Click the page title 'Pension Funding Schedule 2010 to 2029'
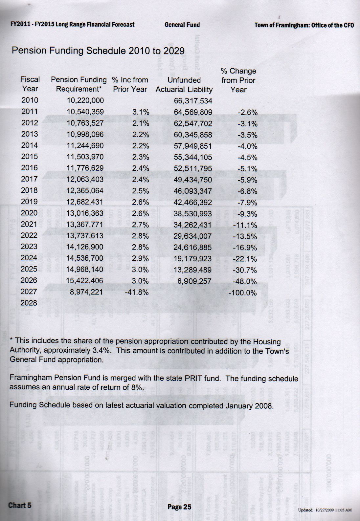click(98, 51)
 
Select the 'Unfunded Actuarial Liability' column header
click(184, 85)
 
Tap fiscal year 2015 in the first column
click(30, 157)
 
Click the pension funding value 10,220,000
click(85, 100)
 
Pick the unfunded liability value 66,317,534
click(193, 101)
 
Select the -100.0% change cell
click(242, 293)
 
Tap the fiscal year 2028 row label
click(29, 303)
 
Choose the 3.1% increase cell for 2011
click(141, 112)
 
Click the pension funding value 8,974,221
click(86, 292)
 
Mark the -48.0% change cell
click(244, 281)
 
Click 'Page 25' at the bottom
click(179, 507)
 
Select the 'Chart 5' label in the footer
click(20, 505)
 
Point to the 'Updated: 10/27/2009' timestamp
click(325, 510)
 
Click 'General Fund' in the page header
click(182, 25)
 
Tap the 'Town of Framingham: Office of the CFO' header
click(304, 25)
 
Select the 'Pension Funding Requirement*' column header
click(79, 84)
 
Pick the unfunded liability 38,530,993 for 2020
click(193, 214)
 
